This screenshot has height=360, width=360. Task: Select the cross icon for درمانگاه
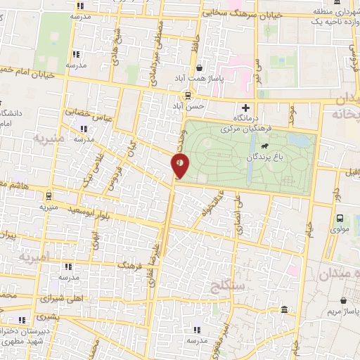245,108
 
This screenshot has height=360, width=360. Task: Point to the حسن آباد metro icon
188,95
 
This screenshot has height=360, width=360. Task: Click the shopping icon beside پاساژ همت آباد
200,68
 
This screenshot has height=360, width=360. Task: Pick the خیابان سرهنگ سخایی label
242,13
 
